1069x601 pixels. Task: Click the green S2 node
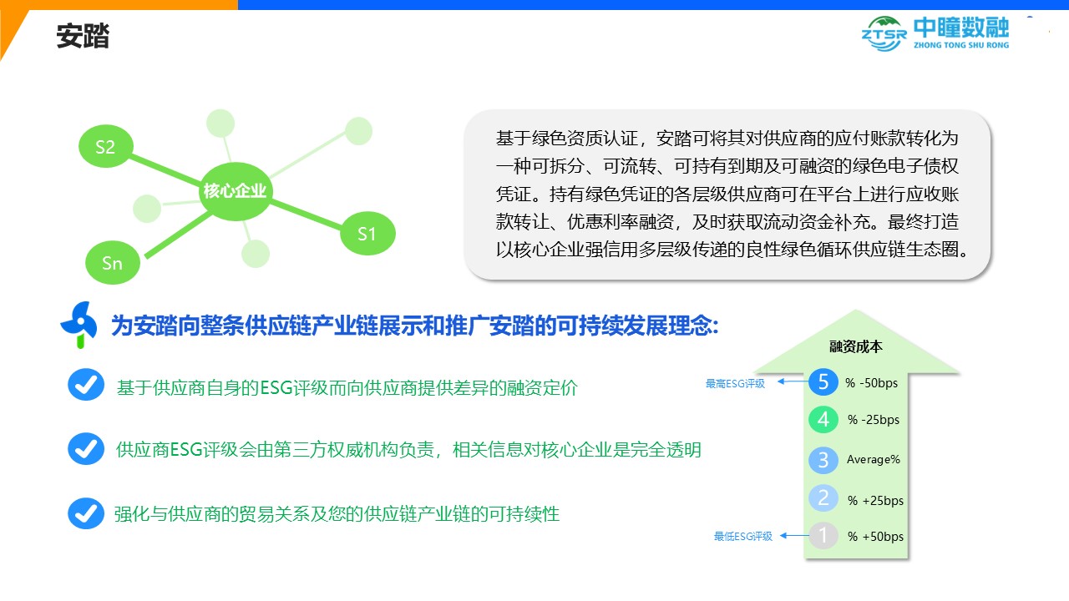click(x=105, y=146)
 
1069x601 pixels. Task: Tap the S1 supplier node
click(x=367, y=233)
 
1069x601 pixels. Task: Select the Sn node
click(x=113, y=263)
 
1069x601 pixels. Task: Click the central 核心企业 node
click(x=235, y=191)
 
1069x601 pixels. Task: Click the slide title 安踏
click(x=83, y=36)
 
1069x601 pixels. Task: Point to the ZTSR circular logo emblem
click(x=884, y=34)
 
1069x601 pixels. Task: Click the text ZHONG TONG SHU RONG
click(x=961, y=45)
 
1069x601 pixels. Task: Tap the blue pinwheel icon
click(x=79, y=325)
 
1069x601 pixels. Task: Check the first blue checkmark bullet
click(x=86, y=385)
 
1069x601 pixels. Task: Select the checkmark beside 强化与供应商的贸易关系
click(x=86, y=513)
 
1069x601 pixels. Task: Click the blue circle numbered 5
click(x=823, y=382)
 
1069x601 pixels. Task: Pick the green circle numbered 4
click(x=823, y=420)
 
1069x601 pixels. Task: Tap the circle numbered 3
click(x=823, y=460)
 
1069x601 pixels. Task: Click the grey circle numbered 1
click(x=823, y=536)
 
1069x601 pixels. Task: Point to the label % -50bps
click(x=871, y=383)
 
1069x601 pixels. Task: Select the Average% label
click(x=874, y=459)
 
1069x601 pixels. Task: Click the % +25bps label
click(x=876, y=500)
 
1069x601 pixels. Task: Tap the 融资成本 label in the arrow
click(x=856, y=346)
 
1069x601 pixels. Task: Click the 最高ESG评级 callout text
click(x=736, y=383)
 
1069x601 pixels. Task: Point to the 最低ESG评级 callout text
click(x=743, y=537)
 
